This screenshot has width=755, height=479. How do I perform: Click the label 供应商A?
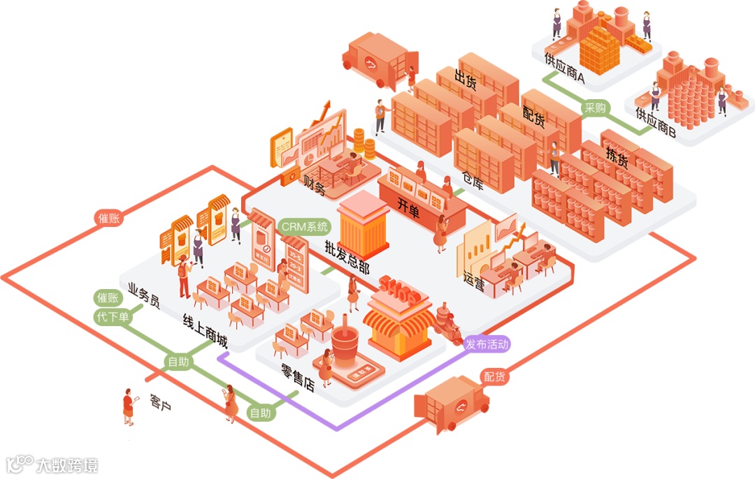coord(564,76)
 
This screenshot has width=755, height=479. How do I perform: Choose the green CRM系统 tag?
coord(304,226)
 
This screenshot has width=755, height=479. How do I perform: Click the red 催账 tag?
coord(109,218)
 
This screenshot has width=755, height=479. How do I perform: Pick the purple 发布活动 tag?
coord(487,344)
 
